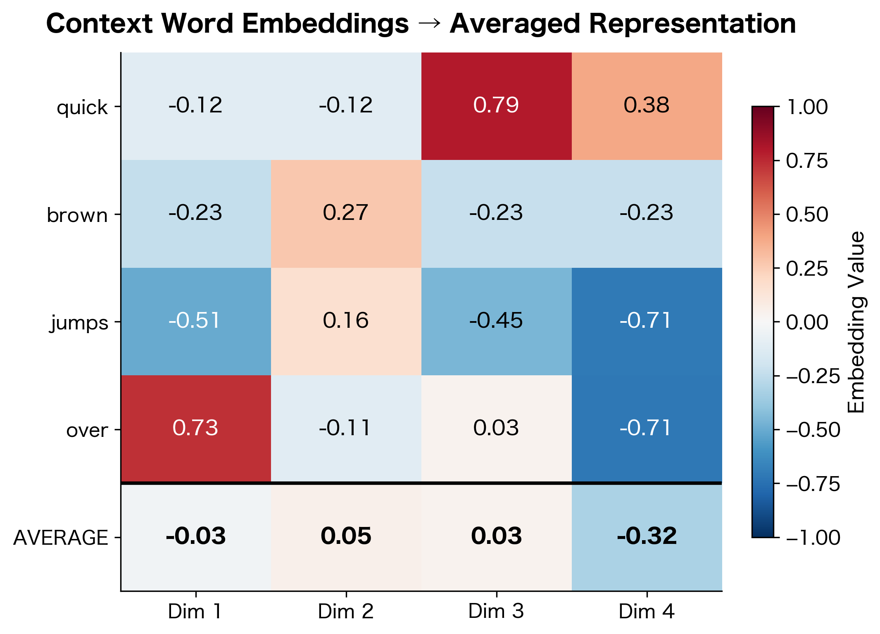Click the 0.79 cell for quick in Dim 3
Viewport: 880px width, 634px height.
496,105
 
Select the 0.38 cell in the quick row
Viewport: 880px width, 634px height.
647,105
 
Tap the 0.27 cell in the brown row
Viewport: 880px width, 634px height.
346,213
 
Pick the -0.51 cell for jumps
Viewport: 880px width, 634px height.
195,321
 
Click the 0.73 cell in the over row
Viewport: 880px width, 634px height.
195,428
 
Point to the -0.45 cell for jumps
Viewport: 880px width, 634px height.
496,321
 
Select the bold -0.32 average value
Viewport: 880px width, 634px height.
647,536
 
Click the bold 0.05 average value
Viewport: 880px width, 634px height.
346,536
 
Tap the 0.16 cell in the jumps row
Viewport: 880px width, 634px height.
346,321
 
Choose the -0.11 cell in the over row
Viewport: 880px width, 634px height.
346,428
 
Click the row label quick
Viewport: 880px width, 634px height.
82,108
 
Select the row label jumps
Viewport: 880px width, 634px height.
79,323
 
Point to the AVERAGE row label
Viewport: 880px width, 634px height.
61,538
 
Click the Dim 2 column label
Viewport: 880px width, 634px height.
346,611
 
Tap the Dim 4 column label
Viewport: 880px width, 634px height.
647,611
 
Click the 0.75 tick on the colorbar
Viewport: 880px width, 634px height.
807,161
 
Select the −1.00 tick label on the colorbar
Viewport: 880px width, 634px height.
813,538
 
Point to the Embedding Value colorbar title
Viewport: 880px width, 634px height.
856,322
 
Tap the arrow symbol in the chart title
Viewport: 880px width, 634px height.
429,24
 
